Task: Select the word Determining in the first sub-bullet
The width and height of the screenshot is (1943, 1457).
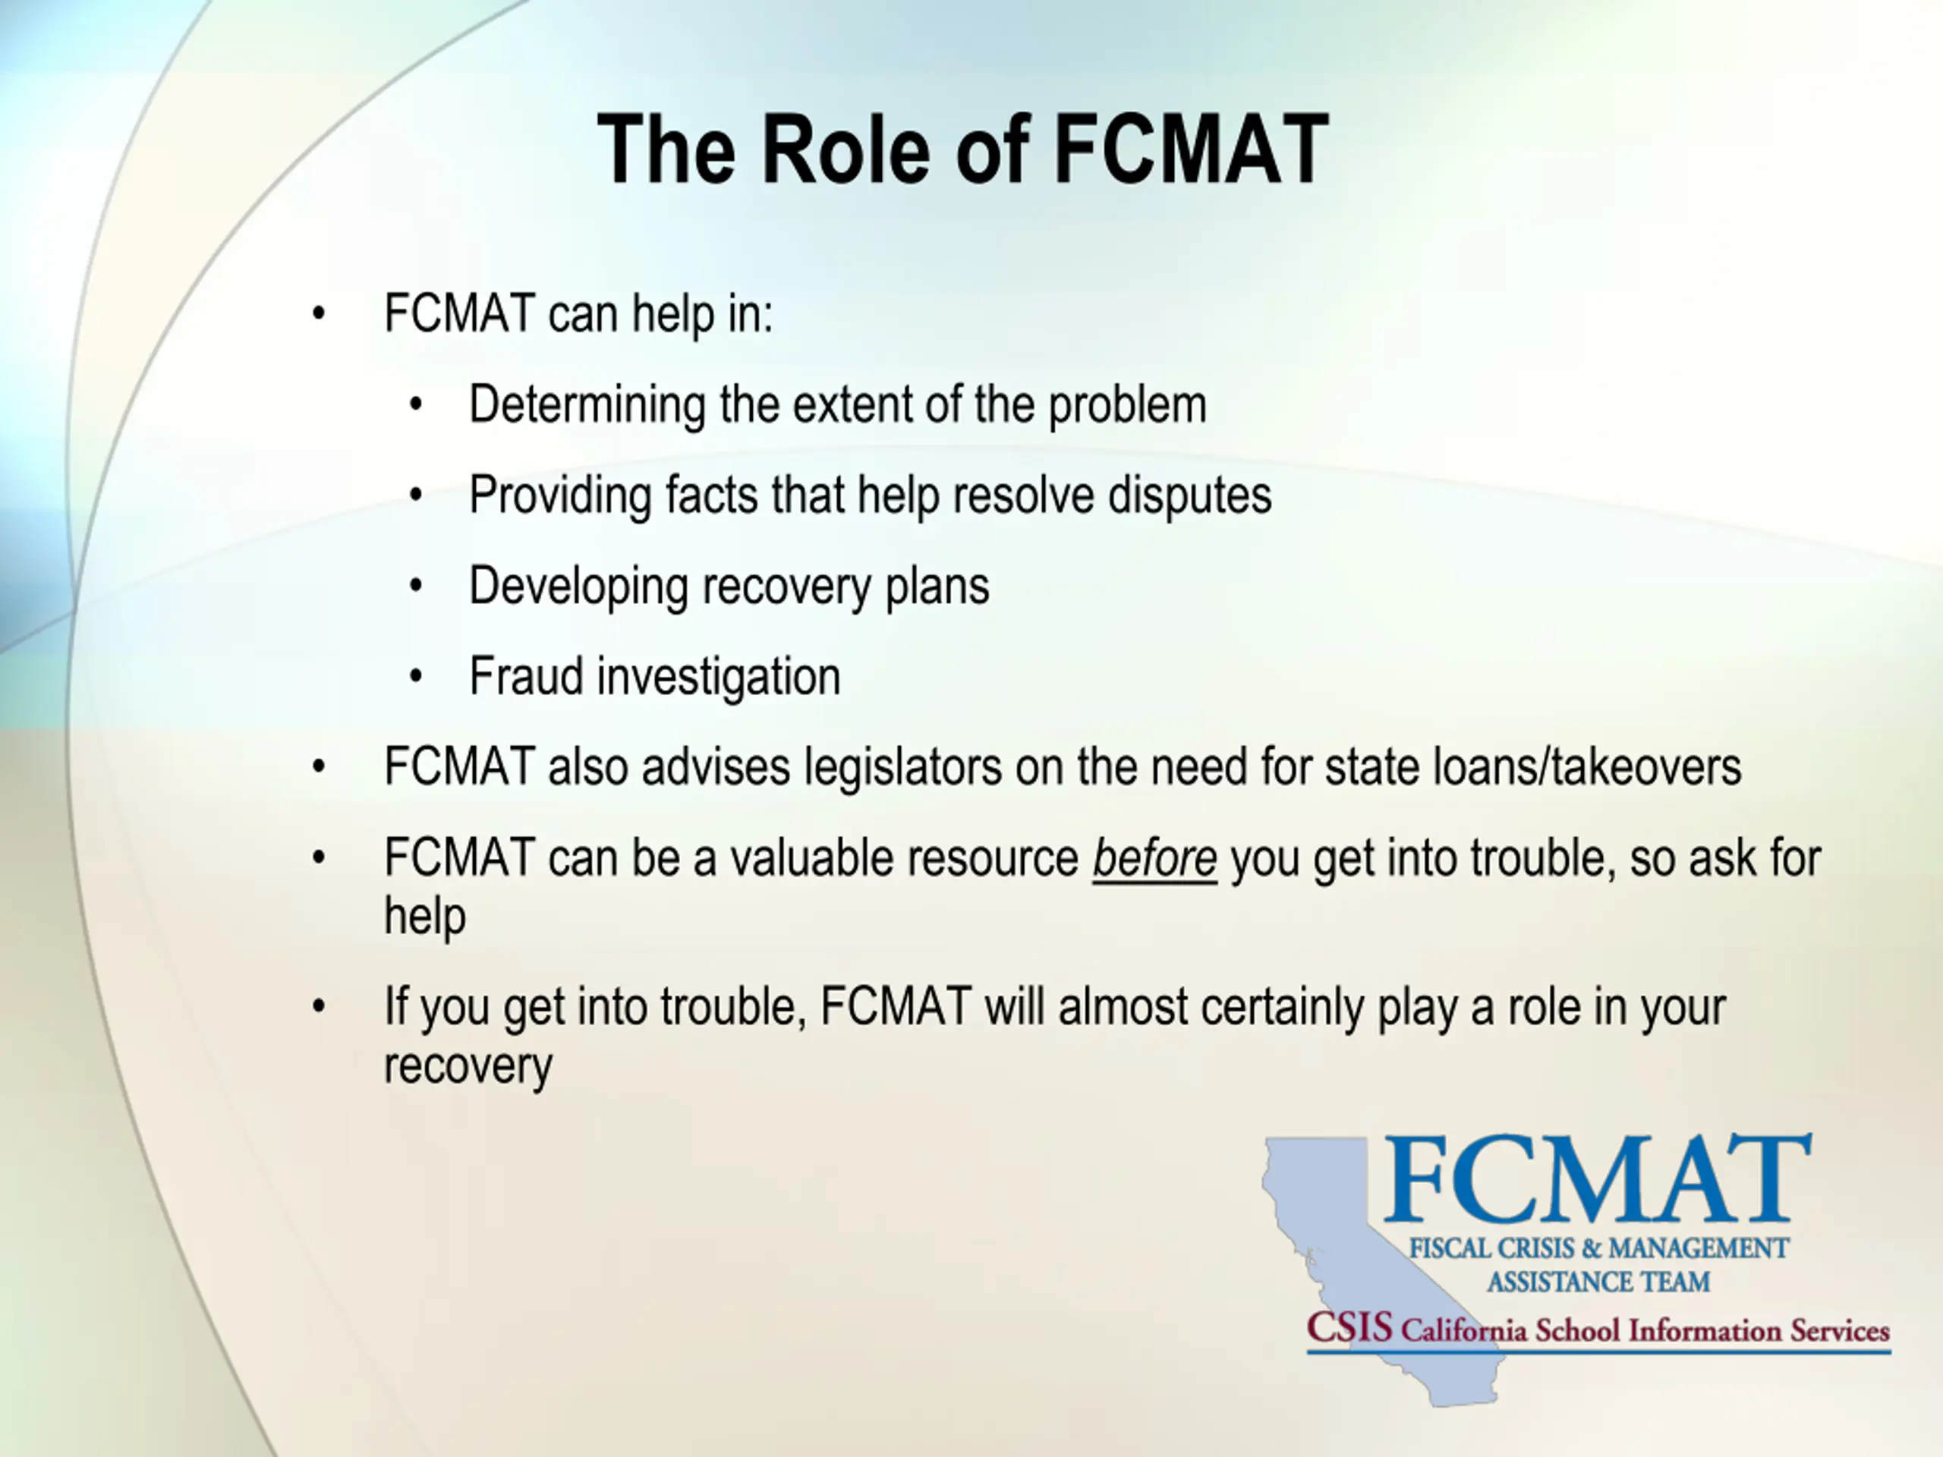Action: (x=587, y=407)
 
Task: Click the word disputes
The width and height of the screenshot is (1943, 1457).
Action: (x=1189, y=497)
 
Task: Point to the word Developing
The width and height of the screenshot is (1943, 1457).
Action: (x=578, y=587)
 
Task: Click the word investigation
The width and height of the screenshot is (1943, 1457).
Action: (x=719, y=678)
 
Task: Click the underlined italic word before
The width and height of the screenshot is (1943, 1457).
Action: (x=1154, y=858)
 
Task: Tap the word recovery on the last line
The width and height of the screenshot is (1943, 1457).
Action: (x=468, y=1067)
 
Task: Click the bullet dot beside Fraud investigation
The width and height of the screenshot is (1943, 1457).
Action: (x=417, y=677)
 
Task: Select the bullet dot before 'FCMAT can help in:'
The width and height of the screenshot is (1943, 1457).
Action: (x=318, y=313)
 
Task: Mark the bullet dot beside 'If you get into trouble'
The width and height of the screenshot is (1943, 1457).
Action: (x=318, y=1006)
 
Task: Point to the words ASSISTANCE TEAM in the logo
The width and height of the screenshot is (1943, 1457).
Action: (x=1598, y=1282)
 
